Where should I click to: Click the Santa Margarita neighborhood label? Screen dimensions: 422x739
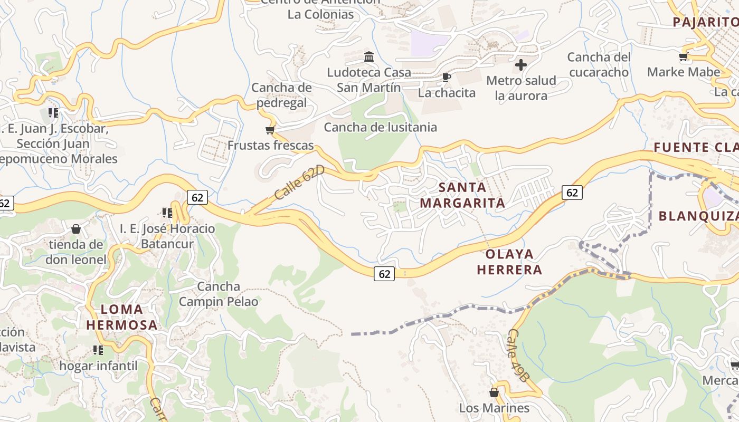coord(462,195)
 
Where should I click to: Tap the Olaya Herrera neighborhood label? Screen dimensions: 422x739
coord(509,262)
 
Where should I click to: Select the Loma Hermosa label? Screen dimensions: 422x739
coord(122,317)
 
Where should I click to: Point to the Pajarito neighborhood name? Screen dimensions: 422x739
coord(705,22)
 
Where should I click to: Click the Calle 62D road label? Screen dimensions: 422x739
coord(299,181)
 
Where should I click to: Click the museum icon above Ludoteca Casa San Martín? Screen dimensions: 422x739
coord(369,56)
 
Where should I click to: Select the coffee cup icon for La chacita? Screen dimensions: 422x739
coord(447,78)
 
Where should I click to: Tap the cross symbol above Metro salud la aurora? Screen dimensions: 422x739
coord(521,65)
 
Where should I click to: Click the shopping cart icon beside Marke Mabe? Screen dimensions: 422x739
coord(684,56)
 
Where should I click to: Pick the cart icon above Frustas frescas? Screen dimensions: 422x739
coord(270,130)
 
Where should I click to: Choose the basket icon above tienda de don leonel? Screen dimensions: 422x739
coord(76,229)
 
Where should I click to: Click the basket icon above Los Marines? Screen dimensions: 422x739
coord(494,392)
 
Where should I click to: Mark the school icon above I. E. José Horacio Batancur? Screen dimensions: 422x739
coord(167,213)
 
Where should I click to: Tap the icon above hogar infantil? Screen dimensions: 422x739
coord(98,350)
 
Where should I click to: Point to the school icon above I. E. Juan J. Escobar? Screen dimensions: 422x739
coord(53,112)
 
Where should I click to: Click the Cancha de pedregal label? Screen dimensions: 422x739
coord(281,95)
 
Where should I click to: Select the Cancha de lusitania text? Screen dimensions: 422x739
coord(380,127)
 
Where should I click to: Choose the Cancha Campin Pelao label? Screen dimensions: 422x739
coord(219,294)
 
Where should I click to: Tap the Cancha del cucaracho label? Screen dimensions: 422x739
coord(599,64)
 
